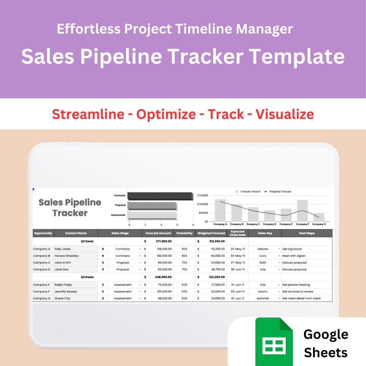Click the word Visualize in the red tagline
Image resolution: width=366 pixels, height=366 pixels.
pos(285,114)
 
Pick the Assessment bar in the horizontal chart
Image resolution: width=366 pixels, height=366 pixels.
pos(152,215)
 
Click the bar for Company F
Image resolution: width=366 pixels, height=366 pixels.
pos(302,210)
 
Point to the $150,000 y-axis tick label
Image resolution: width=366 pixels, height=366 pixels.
pos(202,195)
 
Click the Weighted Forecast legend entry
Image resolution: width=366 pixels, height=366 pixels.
pos(280,192)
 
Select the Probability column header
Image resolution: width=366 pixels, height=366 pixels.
pos(184,233)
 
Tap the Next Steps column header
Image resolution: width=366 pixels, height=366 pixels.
pos(307,233)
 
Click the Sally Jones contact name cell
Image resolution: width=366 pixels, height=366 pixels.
pos(63,249)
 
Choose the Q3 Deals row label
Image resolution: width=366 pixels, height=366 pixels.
pos(87,277)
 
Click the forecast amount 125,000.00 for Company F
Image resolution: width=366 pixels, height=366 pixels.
pos(162,291)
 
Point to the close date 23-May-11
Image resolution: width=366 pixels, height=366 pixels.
pos(238,249)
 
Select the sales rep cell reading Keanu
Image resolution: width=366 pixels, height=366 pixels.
pos(263,291)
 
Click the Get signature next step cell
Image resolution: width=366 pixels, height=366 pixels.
pos(292,249)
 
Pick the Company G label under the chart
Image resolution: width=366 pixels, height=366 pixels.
pos(319,224)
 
